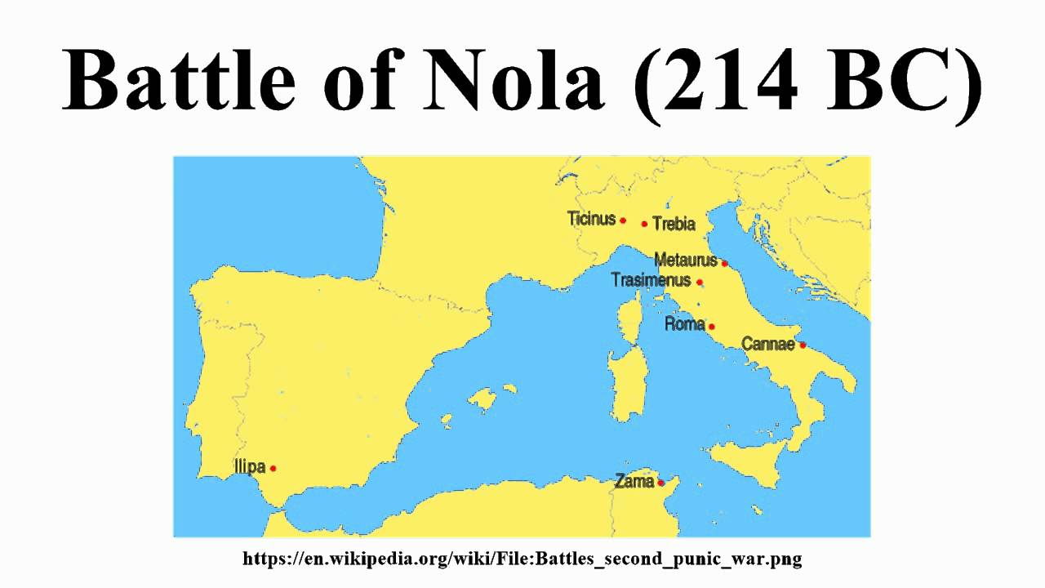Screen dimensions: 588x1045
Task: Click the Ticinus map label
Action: click(x=591, y=219)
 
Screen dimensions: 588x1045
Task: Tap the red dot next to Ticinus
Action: click(x=623, y=220)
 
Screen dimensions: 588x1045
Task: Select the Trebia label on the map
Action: click(x=674, y=224)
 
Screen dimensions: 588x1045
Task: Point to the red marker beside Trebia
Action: click(x=644, y=224)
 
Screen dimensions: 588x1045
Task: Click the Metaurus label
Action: click(x=686, y=261)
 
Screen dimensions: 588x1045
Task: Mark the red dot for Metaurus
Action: click(x=724, y=263)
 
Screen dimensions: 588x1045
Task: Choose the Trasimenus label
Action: click(x=651, y=280)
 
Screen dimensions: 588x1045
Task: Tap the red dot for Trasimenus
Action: click(x=699, y=282)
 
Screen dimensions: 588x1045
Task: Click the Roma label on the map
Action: click(x=684, y=324)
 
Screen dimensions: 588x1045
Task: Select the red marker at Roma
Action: click(x=711, y=327)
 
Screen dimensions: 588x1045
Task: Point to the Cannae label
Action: click(x=767, y=344)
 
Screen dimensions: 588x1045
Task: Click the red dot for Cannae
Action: click(x=803, y=345)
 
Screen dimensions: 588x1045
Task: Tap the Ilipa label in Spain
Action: click(x=250, y=467)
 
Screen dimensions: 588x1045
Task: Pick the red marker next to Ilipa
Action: click(x=273, y=468)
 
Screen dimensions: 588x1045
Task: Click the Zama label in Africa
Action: click(x=634, y=481)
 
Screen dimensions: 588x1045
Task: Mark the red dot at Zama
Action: click(x=660, y=483)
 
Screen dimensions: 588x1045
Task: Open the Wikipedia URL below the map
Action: click(x=522, y=559)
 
